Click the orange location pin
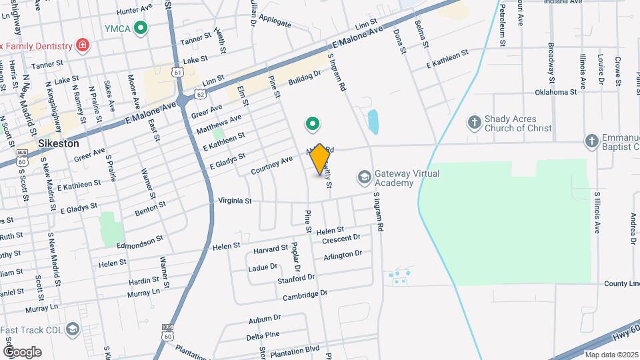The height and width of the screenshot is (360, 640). pos(320,159)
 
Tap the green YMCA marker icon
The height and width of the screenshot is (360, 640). pos(140,28)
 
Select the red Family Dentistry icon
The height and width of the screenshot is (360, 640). pos(83,45)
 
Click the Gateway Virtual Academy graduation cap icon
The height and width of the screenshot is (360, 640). pos(364,177)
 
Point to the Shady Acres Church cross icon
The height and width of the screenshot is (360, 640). pos(474,123)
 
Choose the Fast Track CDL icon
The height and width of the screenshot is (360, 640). pos(73,329)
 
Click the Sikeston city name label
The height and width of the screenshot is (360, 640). pos(58,143)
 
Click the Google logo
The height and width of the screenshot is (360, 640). pos(22,352)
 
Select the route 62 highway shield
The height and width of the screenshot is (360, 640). pos(200,95)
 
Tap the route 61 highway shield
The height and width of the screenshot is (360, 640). pos(176,71)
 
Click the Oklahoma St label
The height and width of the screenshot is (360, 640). pos(555,92)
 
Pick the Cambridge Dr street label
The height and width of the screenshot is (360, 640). pos(305,294)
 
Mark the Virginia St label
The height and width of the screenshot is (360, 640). pos(235,200)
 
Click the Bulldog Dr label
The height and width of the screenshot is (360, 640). pos(305,79)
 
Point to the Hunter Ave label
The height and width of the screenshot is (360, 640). pos(135,11)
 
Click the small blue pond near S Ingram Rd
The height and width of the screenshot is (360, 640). pos(373,121)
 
